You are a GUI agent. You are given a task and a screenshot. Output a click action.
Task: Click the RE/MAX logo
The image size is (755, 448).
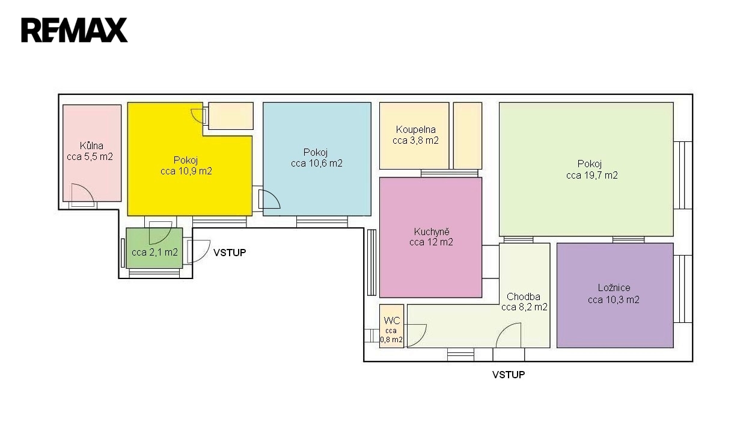(x=75, y=30)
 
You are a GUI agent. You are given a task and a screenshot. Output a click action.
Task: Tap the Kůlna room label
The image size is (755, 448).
(x=91, y=146)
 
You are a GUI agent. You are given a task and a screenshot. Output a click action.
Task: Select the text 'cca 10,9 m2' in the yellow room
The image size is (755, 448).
(x=186, y=171)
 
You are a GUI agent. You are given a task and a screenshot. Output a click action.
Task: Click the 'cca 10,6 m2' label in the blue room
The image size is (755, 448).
(x=317, y=164)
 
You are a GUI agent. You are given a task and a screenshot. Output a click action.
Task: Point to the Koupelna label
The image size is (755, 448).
(x=415, y=129)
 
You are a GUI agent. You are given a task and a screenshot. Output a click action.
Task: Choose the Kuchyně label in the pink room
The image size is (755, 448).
(x=432, y=232)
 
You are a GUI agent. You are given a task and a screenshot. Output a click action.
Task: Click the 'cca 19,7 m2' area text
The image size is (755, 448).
(x=592, y=175)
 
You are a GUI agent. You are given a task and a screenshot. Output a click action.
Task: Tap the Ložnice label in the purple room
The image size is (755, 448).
(x=614, y=287)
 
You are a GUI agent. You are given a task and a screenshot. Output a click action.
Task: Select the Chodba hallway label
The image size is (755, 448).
(x=524, y=296)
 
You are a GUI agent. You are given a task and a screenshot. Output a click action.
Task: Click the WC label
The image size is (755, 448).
(x=392, y=321)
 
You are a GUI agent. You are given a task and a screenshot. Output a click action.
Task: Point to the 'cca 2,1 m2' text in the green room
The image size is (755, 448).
(x=154, y=252)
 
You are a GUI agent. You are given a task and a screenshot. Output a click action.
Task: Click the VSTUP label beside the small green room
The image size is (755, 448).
(x=230, y=253)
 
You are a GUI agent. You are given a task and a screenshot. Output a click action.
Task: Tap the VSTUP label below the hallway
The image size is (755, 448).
(x=509, y=375)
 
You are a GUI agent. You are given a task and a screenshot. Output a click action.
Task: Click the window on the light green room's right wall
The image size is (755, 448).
(x=682, y=175)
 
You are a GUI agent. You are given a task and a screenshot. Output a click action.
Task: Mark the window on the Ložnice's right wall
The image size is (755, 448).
(x=682, y=289)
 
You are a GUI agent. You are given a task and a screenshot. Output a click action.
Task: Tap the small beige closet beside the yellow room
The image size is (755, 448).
(x=231, y=115)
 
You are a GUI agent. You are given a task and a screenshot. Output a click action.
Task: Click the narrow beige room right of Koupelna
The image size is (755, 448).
(x=468, y=135)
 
